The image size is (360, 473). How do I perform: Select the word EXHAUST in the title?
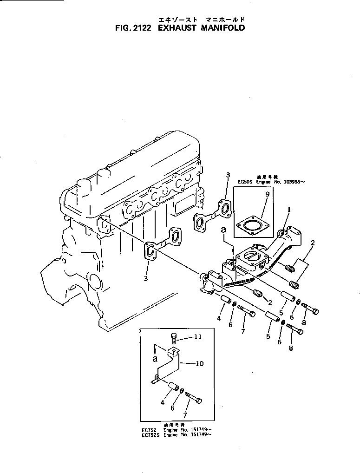point(178,28)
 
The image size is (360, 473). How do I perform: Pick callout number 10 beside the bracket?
point(200,363)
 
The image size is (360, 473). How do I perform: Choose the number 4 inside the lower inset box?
point(163,402)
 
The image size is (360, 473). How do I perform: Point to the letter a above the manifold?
point(224,230)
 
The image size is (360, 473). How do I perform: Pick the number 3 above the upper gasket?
point(228,175)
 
